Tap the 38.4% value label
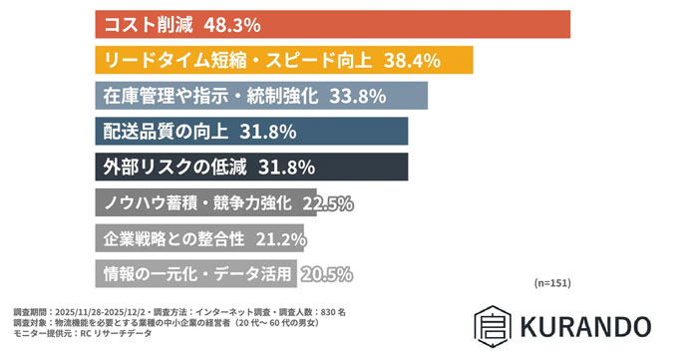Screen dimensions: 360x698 pos(410,60)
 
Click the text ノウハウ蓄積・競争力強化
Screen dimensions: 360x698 pos(197,203)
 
